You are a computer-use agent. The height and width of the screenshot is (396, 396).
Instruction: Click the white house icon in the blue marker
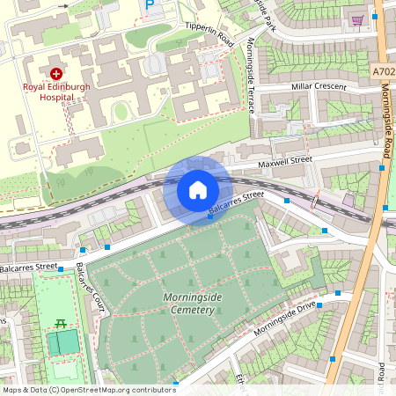(x=198, y=190)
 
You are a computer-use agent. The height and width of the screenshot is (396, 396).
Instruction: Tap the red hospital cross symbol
(x=57, y=75)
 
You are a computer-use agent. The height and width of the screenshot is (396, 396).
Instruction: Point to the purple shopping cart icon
(x=357, y=19)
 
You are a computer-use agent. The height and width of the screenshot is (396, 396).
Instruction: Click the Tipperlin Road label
(x=209, y=34)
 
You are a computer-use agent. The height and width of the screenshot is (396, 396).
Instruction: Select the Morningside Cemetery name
(x=189, y=304)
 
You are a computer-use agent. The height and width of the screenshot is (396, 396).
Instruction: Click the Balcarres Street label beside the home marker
(x=236, y=204)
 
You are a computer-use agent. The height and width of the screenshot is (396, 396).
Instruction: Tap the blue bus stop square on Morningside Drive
(x=319, y=305)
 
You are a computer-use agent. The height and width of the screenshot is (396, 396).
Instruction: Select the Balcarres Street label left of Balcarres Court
(x=28, y=266)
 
